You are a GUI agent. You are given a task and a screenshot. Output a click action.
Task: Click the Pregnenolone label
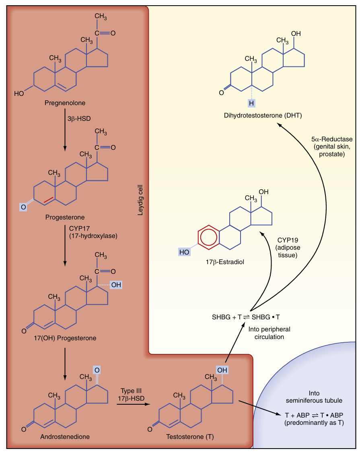pos(65,103)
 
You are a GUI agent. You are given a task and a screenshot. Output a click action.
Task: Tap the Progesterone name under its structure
pos(65,217)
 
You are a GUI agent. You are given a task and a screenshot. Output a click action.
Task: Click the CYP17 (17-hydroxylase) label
pos(93,232)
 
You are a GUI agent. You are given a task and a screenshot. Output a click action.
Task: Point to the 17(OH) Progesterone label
pos(65,338)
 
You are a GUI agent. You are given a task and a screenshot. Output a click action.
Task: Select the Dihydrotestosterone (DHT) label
pos(263,116)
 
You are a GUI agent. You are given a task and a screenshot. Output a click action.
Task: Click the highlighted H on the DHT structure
pos(251,103)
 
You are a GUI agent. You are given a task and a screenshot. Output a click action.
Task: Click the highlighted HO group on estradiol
pos(184,252)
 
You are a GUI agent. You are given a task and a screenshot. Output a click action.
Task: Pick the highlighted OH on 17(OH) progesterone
pos(116,285)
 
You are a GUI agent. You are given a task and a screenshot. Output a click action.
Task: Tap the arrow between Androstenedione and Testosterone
pos(131,405)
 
